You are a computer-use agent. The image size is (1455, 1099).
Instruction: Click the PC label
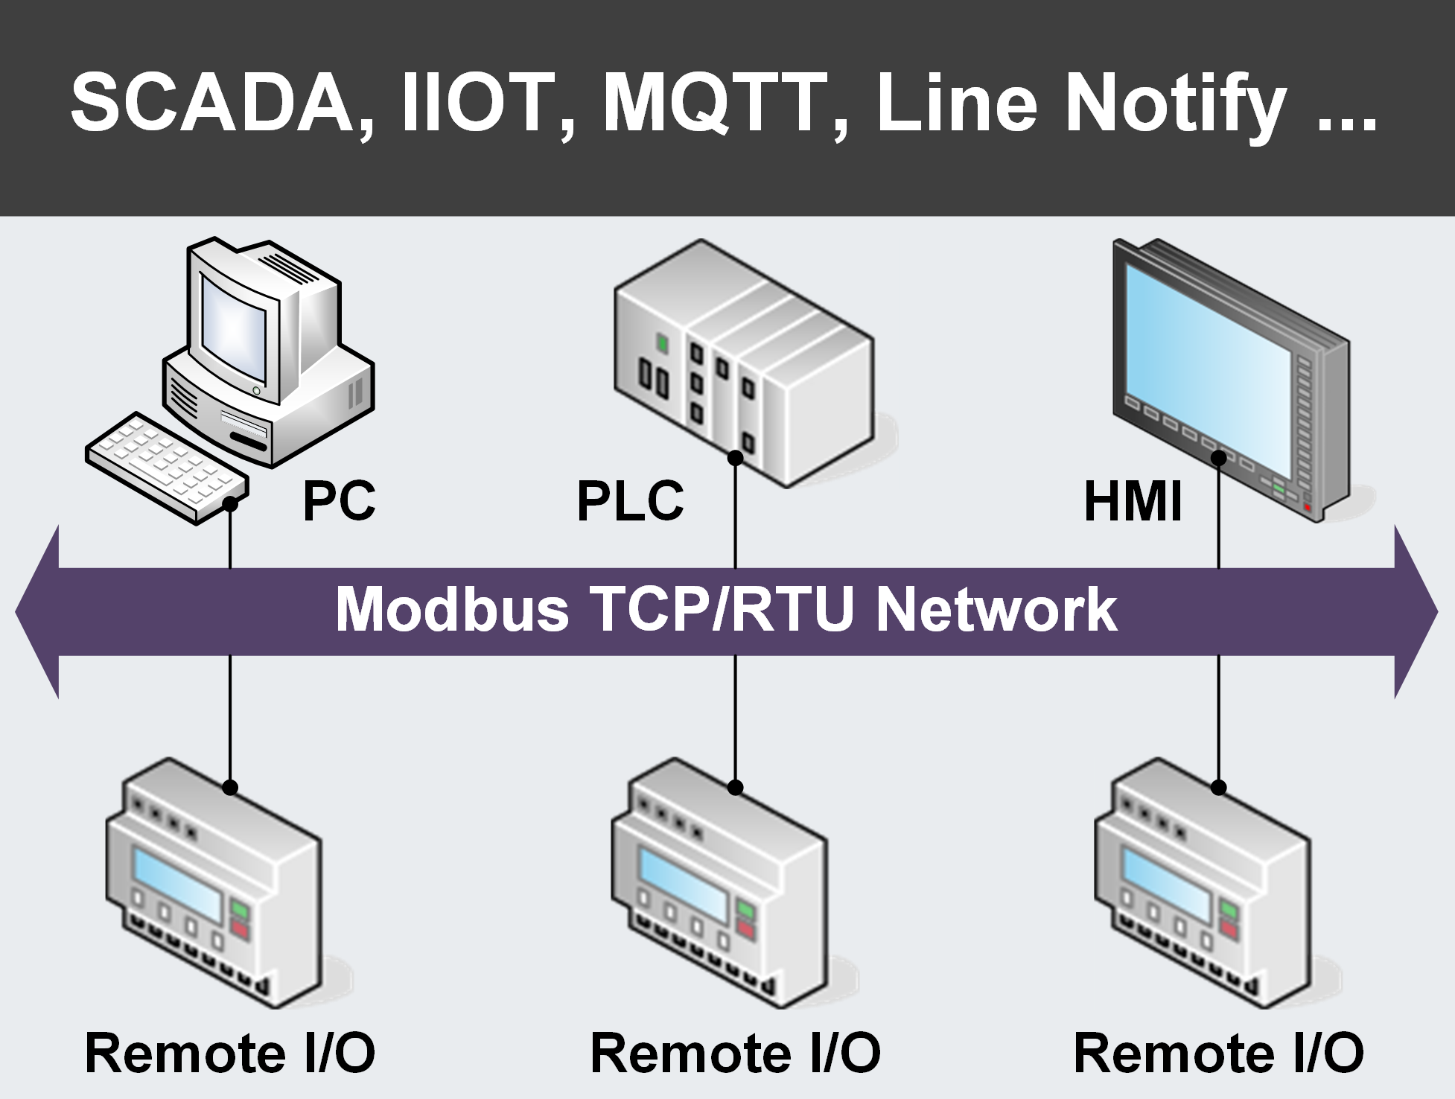click(339, 500)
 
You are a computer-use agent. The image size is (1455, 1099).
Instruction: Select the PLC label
click(630, 500)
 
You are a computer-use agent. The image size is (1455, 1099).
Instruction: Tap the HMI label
click(1133, 500)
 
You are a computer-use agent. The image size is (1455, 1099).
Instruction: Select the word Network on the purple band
click(996, 610)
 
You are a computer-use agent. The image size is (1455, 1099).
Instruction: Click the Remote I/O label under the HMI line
click(1218, 1053)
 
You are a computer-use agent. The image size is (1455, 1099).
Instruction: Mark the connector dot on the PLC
click(735, 458)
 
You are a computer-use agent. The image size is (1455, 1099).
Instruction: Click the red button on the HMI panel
click(1308, 508)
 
